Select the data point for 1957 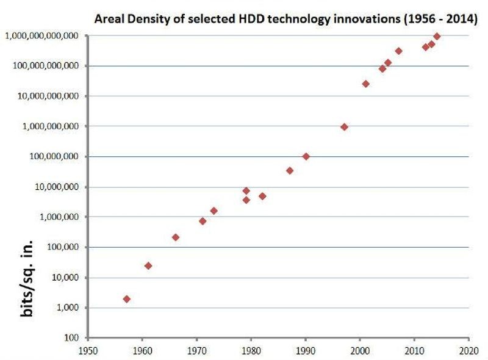[126, 299]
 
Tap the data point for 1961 [148, 265]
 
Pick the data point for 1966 [176, 237]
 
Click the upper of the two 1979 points [246, 191]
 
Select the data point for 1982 [262, 196]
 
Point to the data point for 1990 [306, 156]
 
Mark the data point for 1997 [344, 127]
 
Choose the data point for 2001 [366, 84]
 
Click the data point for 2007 [398, 51]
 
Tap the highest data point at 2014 [437, 37]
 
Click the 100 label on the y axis [72, 338]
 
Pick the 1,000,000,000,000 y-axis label [41, 36]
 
